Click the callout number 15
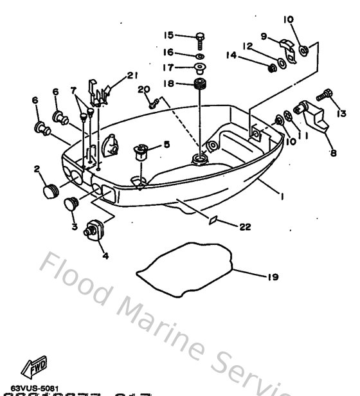coord(168,35)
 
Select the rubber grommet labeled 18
coord(203,85)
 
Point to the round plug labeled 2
coord(50,190)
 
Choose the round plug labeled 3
coord(71,204)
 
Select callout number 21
coord(132,75)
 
